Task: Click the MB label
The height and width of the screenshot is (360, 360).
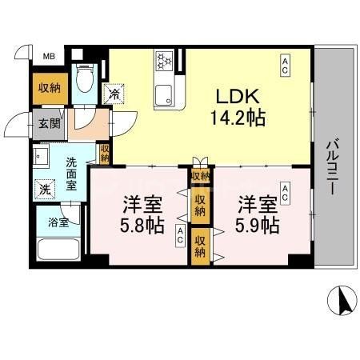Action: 49,57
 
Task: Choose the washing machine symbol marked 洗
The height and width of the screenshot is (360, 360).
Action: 45,190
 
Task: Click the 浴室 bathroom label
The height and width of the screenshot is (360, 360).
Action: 58,222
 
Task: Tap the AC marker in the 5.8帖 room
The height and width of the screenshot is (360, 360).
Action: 181,237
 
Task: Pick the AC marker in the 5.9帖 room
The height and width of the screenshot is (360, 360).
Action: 285,191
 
